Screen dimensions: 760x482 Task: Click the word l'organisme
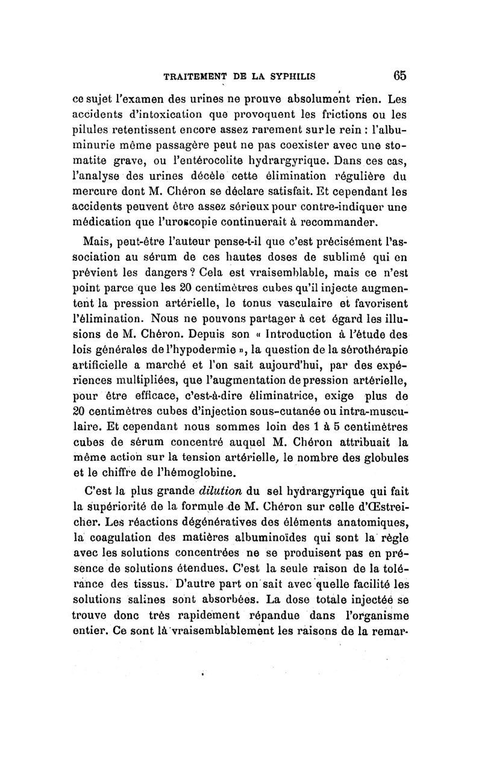click(374, 616)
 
